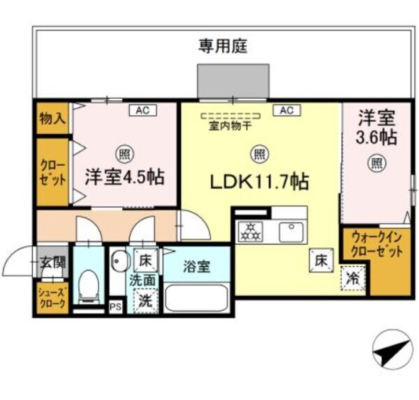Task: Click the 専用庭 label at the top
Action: coord(223,47)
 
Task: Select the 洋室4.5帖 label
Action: coord(125,176)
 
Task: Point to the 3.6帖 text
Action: coord(377,137)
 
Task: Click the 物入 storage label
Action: coord(52,118)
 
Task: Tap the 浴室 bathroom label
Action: coord(198,267)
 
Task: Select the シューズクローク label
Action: coord(52,299)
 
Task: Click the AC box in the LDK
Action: coord(286,110)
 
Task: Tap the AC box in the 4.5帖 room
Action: coord(142,110)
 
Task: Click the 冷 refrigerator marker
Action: coord(352,278)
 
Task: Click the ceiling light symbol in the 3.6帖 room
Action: coord(376,164)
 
